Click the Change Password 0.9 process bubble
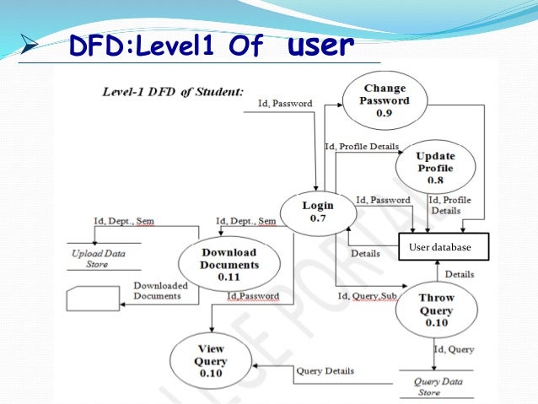point(385,100)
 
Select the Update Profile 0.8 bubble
point(435,167)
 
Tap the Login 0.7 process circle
point(317,212)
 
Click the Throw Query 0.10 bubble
point(437,310)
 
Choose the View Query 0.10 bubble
point(211,361)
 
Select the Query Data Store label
point(438,386)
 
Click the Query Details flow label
point(325,371)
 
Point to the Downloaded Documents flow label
point(160,291)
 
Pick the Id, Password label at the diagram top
point(284,104)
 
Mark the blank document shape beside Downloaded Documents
point(92,299)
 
